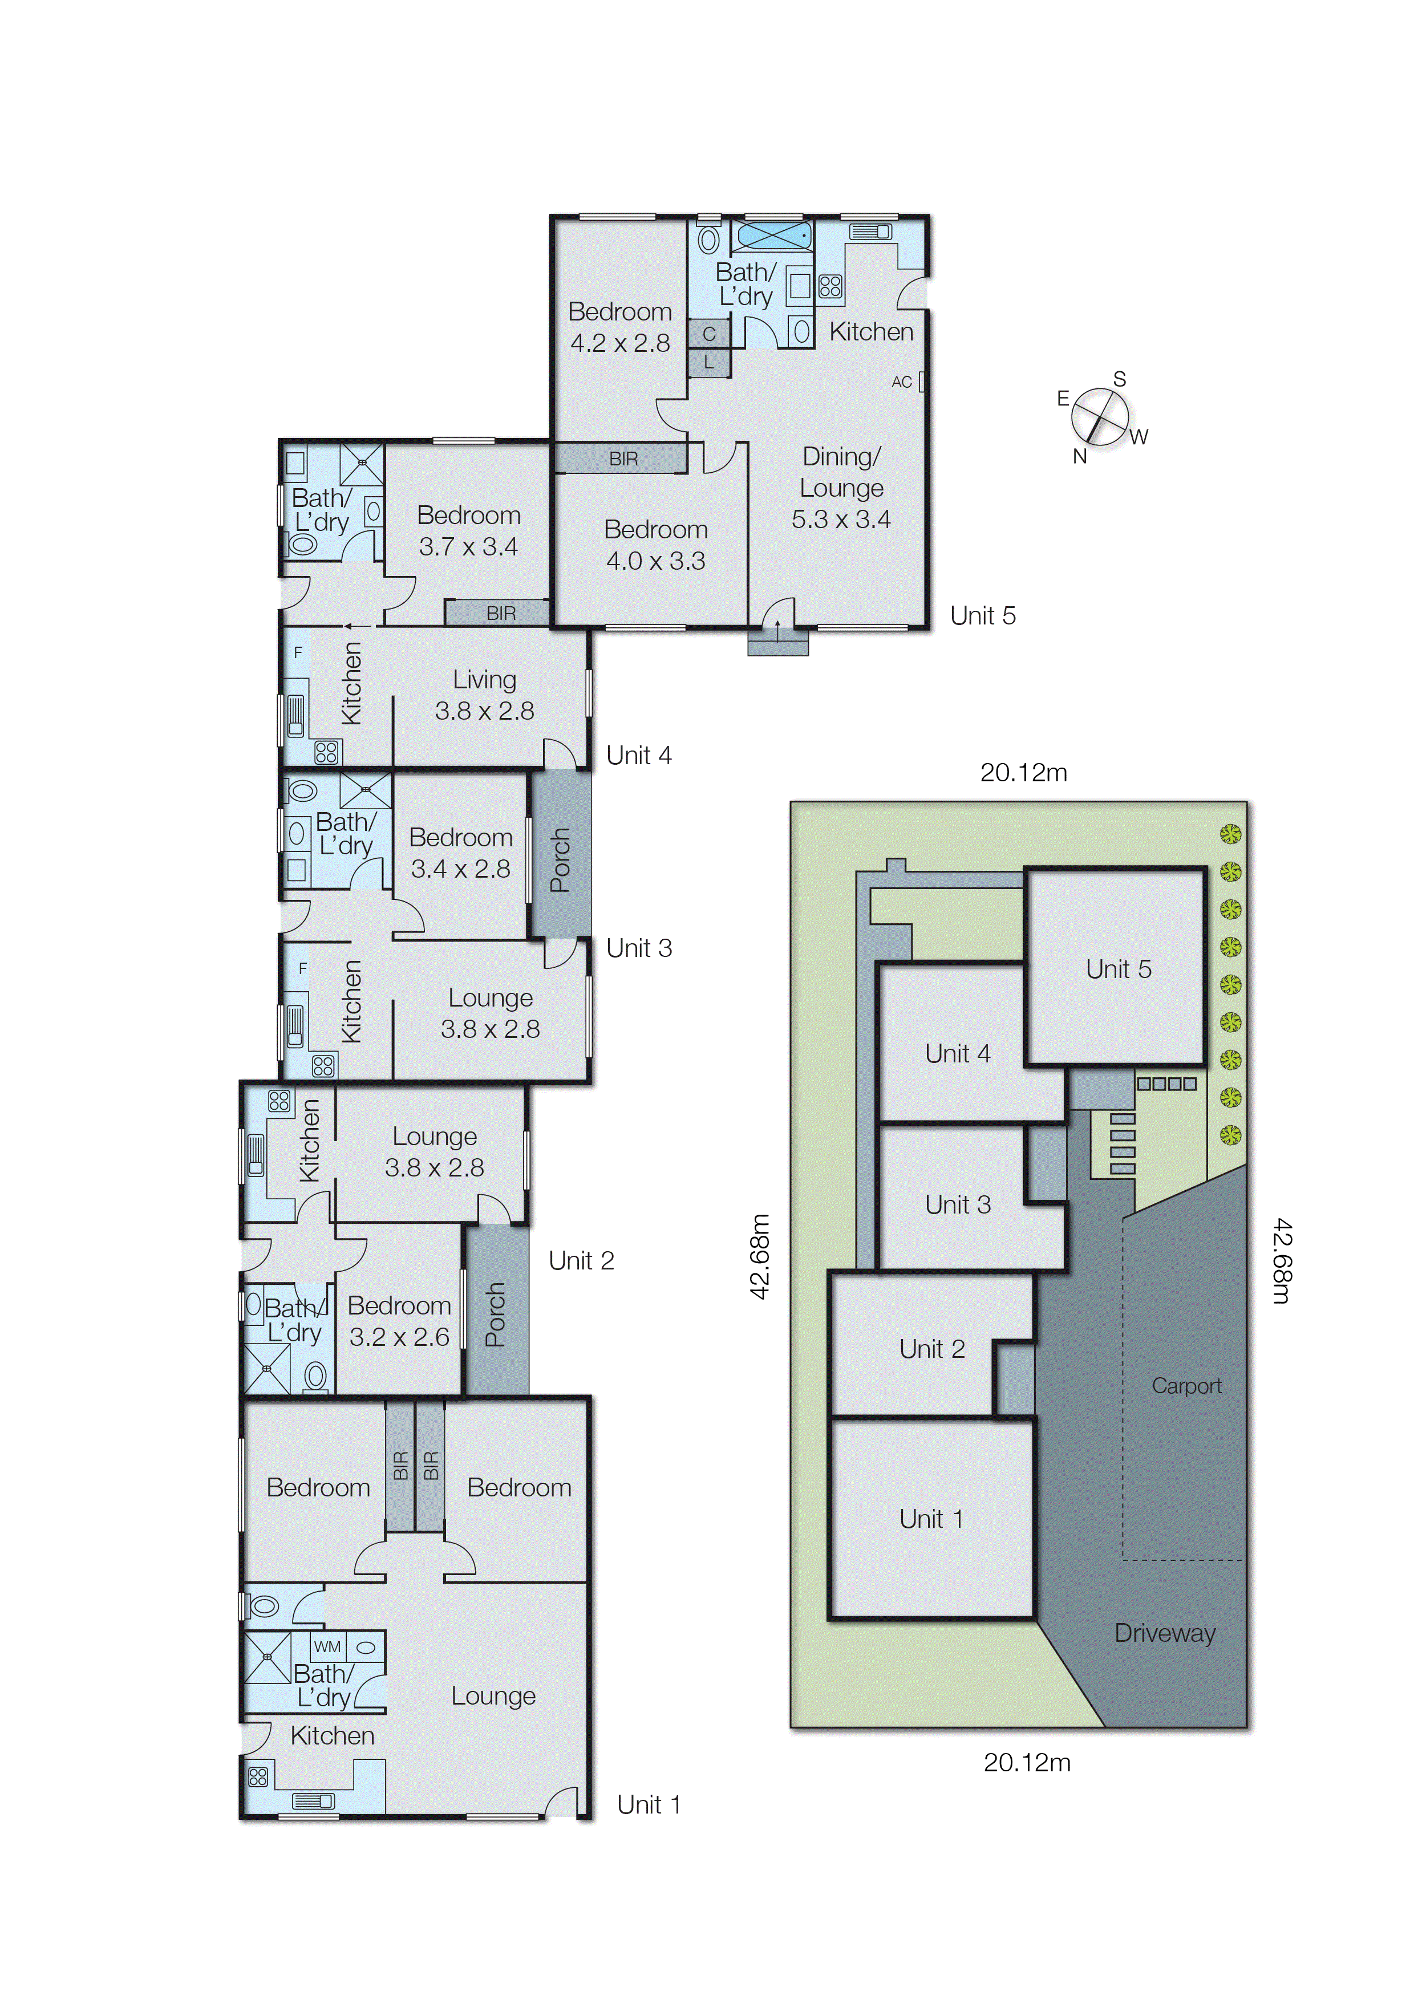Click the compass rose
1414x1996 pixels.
(1100, 417)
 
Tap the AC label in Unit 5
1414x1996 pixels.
(901, 382)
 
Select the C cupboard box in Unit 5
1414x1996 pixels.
(709, 334)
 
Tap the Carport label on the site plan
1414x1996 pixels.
(1186, 1386)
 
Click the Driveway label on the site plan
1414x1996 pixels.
(1164, 1633)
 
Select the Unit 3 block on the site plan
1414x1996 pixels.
(958, 1205)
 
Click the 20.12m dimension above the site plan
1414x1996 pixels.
(1023, 772)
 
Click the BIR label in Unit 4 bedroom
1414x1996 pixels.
(501, 614)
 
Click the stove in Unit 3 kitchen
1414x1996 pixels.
(323, 1065)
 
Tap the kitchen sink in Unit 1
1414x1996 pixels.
(314, 1801)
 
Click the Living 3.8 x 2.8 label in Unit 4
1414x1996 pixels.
(484, 695)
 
